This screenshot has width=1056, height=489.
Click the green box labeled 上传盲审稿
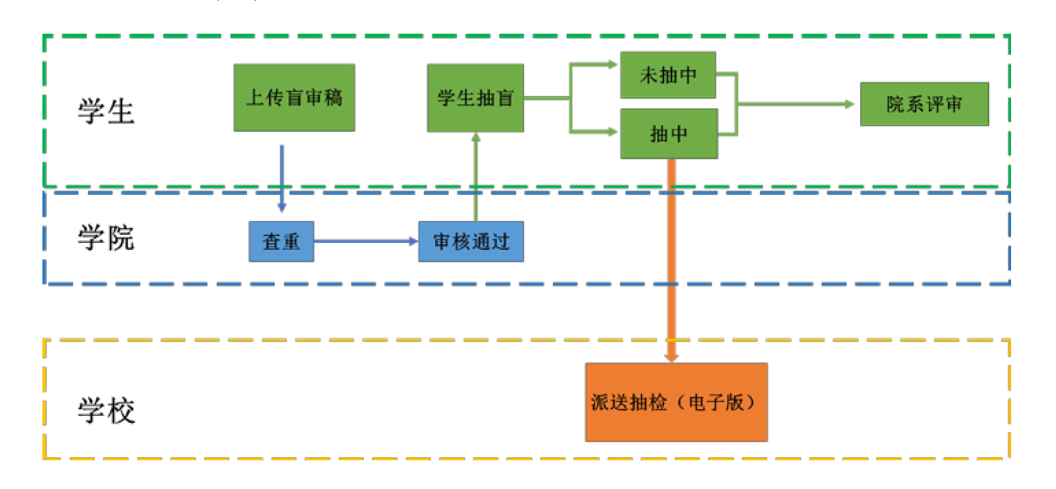(294, 97)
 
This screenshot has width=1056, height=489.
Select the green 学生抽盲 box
(475, 97)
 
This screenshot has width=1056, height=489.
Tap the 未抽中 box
(668, 75)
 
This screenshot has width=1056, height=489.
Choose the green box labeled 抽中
(668, 134)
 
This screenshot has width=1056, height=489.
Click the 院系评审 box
(924, 104)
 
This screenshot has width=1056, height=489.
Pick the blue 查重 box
(281, 241)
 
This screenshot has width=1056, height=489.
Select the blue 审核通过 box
(471, 241)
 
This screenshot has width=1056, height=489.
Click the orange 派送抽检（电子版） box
(676, 402)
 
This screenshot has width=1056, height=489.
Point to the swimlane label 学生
(106, 111)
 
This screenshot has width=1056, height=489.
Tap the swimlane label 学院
(106, 238)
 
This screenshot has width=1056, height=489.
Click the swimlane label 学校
(106, 410)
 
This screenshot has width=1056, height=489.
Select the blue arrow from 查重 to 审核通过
(365, 241)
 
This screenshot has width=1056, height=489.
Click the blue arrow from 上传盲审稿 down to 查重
(282, 178)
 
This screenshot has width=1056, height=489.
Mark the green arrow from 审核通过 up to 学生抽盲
(476, 178)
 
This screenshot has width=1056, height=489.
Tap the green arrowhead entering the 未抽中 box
(611, 64)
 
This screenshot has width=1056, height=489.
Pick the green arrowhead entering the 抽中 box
(611, 131)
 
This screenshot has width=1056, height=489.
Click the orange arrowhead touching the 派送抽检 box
(672, 357)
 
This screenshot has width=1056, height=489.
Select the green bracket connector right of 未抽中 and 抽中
(736, 104)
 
